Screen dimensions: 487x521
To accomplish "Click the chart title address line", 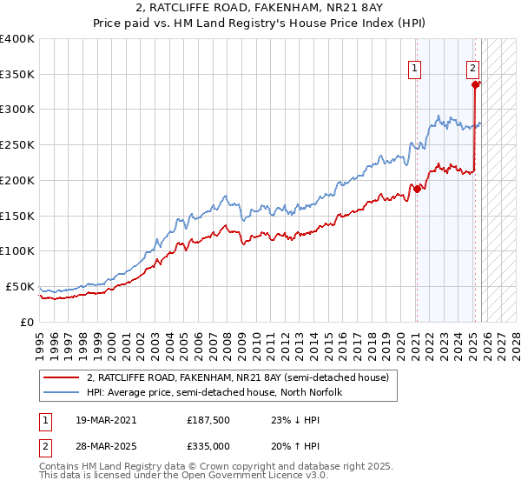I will (x=260, y=8).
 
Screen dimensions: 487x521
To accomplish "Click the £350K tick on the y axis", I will (x=17, y=74).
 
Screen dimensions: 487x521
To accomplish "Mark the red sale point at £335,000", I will (x=476, y=84).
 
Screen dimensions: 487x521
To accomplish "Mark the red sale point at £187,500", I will (x=417, y=189).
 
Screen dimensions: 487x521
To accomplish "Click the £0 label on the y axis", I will (x=27, y=322).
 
